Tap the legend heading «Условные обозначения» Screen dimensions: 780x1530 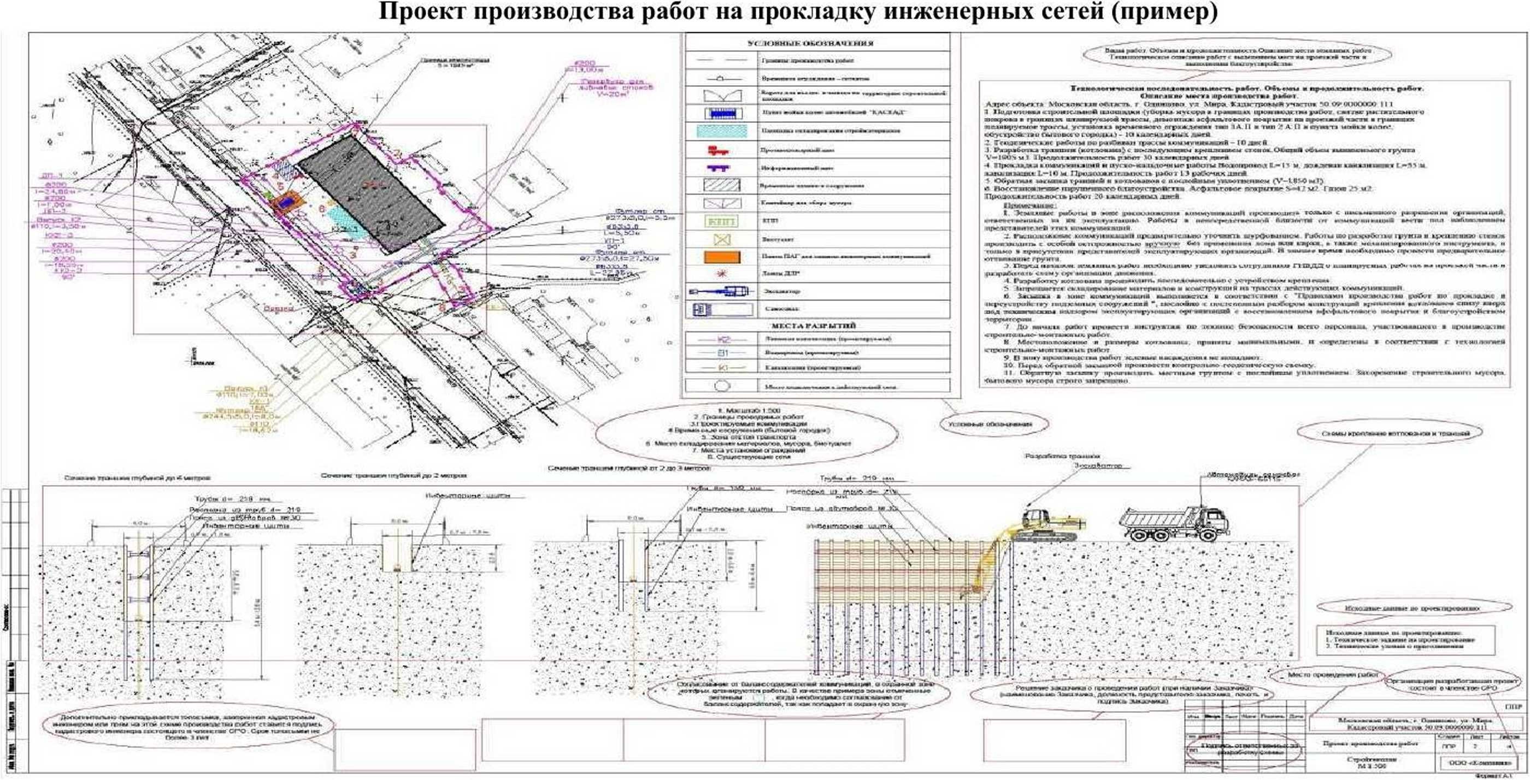[x=818, y=43]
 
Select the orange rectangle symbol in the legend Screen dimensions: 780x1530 [x=722, y=257]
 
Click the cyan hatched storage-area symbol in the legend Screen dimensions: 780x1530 [x=722, y=131]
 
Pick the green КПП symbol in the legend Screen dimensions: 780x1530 [x=722, y=221]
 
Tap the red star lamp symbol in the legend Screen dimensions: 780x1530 [x=722, y=274]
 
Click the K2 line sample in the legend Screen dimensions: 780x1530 [x=722, y=340]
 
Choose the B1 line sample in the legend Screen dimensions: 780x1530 [x=722, y=353]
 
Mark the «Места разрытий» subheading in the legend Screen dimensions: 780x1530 [x=817, y=326]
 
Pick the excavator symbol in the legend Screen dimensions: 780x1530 [x=722, y=292]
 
